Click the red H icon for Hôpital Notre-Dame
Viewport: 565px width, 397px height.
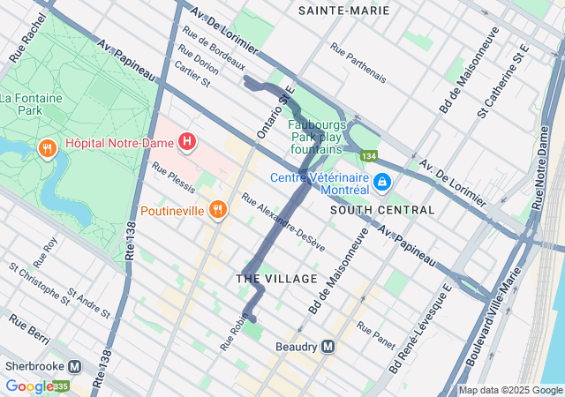click(x=187, y=141)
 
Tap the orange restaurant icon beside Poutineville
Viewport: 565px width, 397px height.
click(x=217, y=210)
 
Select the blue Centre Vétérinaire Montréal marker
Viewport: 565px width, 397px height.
click(x=382, y=183)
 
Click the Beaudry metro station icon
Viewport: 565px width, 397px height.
click(x=328, y=347)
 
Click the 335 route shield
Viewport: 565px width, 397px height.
click(x=61, y=386)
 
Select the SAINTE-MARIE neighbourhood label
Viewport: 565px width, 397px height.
click(x=343, y=11)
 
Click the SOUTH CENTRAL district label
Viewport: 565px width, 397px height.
click(x=382, y=210)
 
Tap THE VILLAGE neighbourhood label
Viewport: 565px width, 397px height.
click(x=276, y=279)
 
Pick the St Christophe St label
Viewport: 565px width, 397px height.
click(x=40, y=282)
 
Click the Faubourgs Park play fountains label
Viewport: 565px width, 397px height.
click(x=317, y=137)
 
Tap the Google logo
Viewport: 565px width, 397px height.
click(x=28, y=386)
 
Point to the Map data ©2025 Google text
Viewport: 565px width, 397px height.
click(x=510, y=390)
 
